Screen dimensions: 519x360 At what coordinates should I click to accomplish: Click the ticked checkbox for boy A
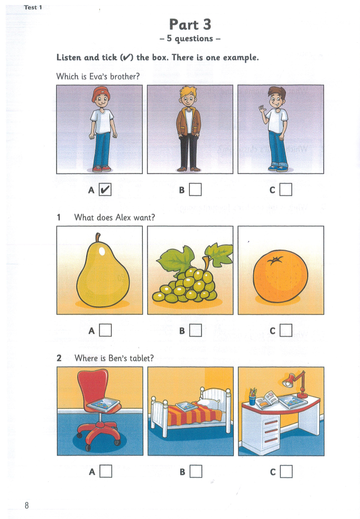[105, 189]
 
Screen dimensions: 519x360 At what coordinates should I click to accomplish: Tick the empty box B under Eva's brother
[196, 189]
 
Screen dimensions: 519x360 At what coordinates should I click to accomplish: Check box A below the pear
[105, 330]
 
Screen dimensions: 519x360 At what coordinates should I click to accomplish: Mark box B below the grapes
[196, 330]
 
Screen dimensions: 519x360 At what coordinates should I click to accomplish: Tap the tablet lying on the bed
[186, 406]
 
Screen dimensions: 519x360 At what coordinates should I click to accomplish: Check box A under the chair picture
[105, 470]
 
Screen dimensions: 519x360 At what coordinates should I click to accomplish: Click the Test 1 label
[33, 7]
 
